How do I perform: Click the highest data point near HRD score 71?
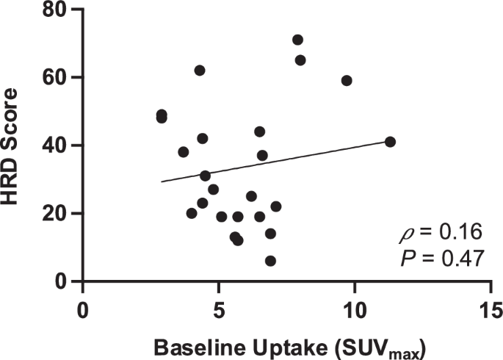[x=297, y=40]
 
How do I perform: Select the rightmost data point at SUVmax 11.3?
[x=390, y=142]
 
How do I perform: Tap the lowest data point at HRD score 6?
[x=270, y=261]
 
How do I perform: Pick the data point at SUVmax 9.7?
[x=347, y=81]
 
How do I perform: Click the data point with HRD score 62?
[x=200, y=71]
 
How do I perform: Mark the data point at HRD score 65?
[x=300, y=60]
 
